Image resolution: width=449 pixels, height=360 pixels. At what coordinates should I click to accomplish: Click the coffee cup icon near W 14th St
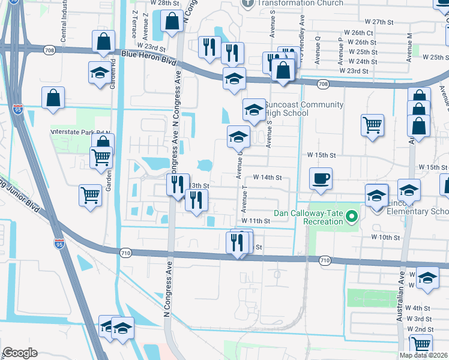321,178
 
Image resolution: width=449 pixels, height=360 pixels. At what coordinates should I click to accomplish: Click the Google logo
20,353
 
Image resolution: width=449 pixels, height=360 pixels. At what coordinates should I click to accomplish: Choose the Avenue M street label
409,47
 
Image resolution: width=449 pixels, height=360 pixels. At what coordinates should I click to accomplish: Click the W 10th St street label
385,237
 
